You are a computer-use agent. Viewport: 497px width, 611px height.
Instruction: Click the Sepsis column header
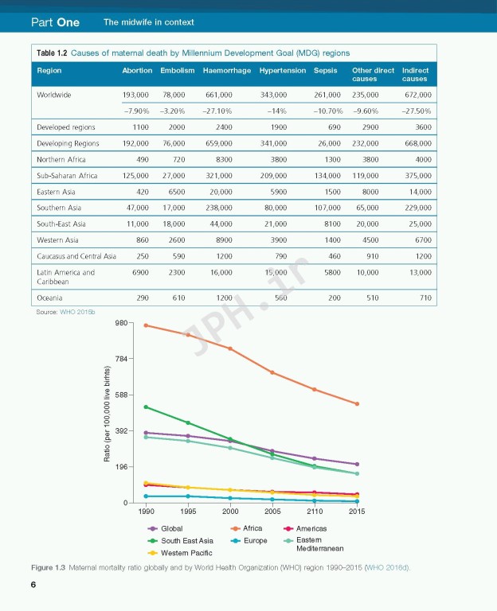[325, 71]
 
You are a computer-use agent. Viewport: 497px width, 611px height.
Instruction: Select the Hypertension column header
[282, 71]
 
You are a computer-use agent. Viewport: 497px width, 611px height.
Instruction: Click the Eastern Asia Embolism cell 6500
[176, 192]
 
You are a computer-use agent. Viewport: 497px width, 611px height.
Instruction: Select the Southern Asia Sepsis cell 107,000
[327, 208]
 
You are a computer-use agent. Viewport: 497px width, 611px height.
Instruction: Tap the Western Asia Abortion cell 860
[142, 239]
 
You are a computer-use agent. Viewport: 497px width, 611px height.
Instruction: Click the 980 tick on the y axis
[121, 323]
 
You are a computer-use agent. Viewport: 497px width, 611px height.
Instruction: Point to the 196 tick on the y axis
[121, 467]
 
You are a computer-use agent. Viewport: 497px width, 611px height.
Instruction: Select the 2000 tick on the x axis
[230, 511]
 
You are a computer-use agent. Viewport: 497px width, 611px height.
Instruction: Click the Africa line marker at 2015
[357, 404]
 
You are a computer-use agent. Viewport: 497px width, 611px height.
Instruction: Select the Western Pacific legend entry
[181, 552]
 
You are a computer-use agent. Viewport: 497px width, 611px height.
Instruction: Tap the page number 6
[33, 586]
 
